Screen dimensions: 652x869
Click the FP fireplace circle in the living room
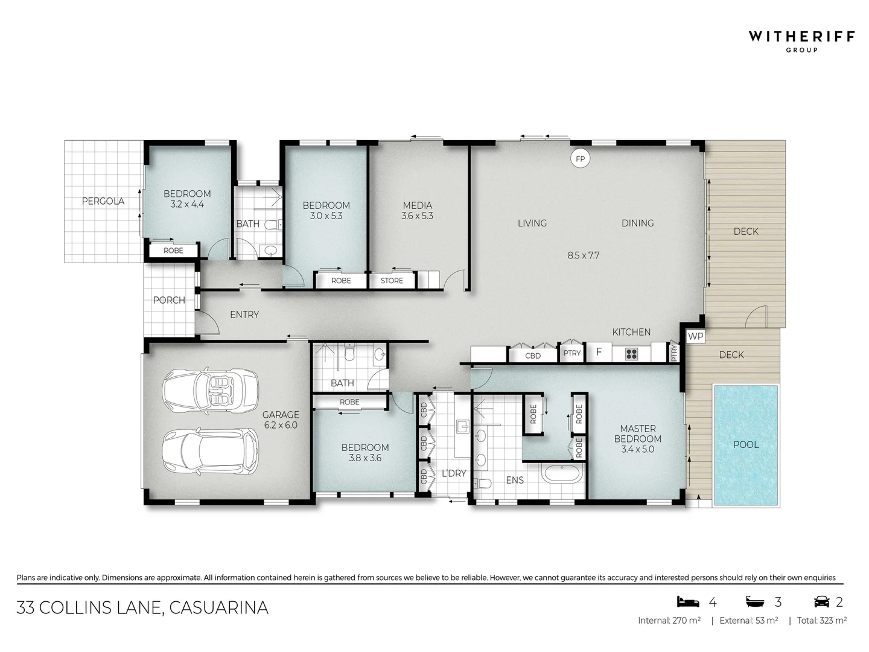581,159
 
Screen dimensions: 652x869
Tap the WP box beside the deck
696,336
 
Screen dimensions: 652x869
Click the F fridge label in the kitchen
599,352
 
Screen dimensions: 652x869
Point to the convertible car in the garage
210,390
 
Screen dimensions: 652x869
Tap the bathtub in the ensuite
562,473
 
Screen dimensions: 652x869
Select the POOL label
746,444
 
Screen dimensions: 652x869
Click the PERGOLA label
103,201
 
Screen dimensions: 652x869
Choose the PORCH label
169,300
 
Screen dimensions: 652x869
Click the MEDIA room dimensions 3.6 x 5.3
417,216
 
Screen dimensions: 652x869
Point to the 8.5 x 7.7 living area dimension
583,255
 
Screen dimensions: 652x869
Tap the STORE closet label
392,281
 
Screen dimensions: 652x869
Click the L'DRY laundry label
454,473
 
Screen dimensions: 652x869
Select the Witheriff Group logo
801,40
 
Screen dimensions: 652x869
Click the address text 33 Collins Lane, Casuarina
142,607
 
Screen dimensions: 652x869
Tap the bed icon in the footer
687,602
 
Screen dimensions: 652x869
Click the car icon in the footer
821,602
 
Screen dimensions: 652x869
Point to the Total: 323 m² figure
821,620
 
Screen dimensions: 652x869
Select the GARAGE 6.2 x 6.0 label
281,420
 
